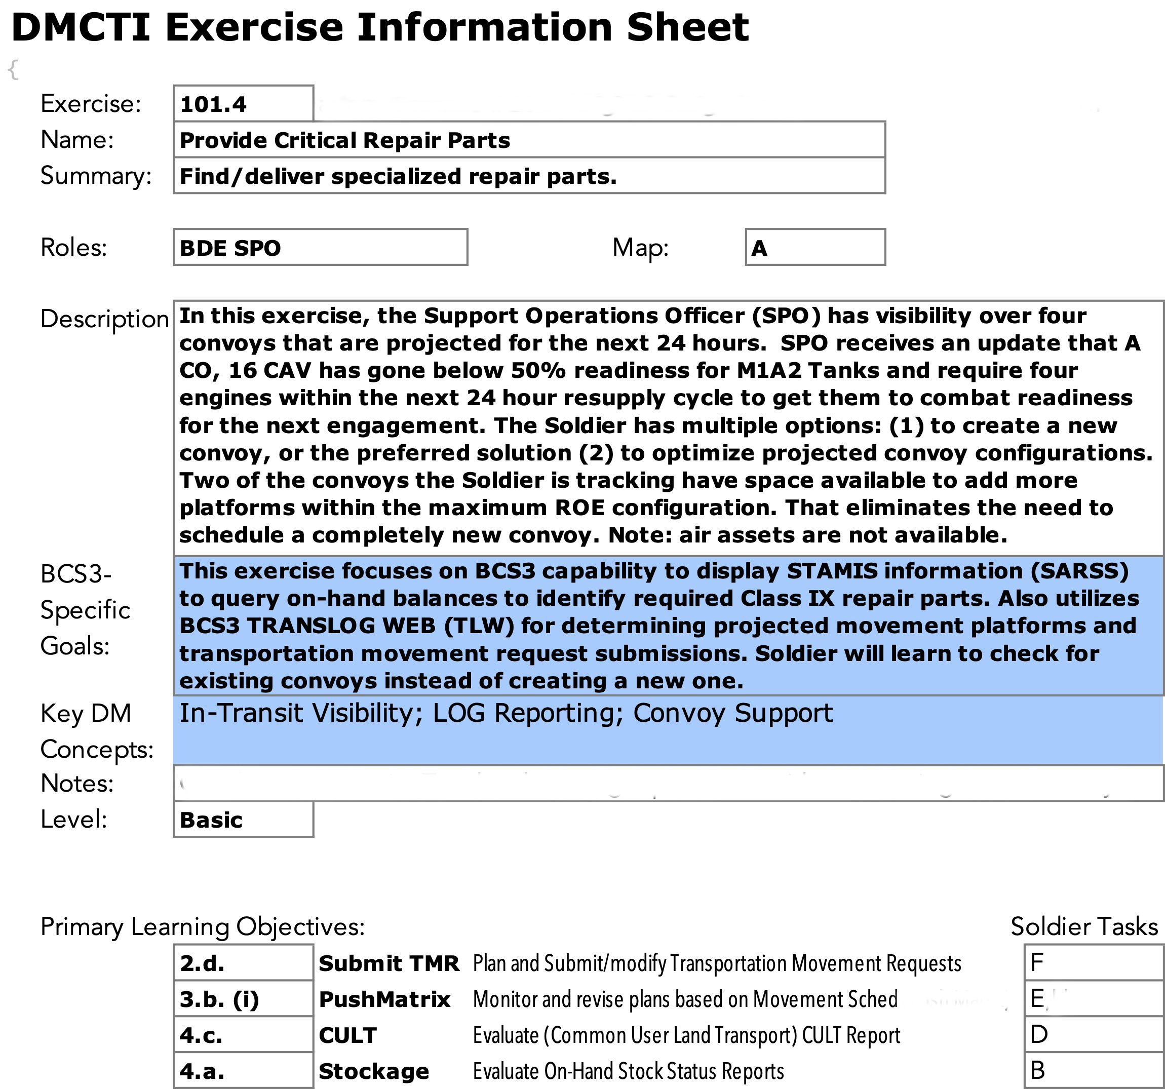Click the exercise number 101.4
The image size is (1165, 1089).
pyautogui.click(x=213, y=104)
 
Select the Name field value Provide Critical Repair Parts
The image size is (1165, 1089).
pyautogui.click(x=344, y=140)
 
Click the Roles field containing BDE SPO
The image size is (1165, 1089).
pyautogui.click(x=320, y=247)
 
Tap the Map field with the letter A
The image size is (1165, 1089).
pyautogui.click(x=814, y=247)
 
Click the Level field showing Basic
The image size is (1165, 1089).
pyautogui.click(x=243, y=820)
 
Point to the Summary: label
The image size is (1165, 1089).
pyautogui.click(x=96, y=176)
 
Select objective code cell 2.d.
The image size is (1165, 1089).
pyautogui.click(x=243, y=963)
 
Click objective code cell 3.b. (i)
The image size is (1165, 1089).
pyautogui.click(x=243, y=999)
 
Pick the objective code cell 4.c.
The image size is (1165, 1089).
pyautogui.click(x=243, y=1035)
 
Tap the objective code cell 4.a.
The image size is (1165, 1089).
pyautogui.click(x=243, y=1071)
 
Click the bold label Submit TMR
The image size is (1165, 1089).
pyautogui.click(x=389, y=963)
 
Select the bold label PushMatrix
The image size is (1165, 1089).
pyautogui.click(x=384, y=999)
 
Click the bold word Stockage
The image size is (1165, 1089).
pyautogui.click(x=374, y=1071)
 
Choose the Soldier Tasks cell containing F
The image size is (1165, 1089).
pyautogui.click(x=1094, y=962)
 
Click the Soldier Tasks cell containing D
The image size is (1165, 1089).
pyautogui.click(x=1094, y=1034)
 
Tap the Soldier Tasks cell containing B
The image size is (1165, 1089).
pyautogui.click(x=1094, y=1070)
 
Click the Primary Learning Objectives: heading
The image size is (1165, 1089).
pyautogui.click(x=202, y=926)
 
